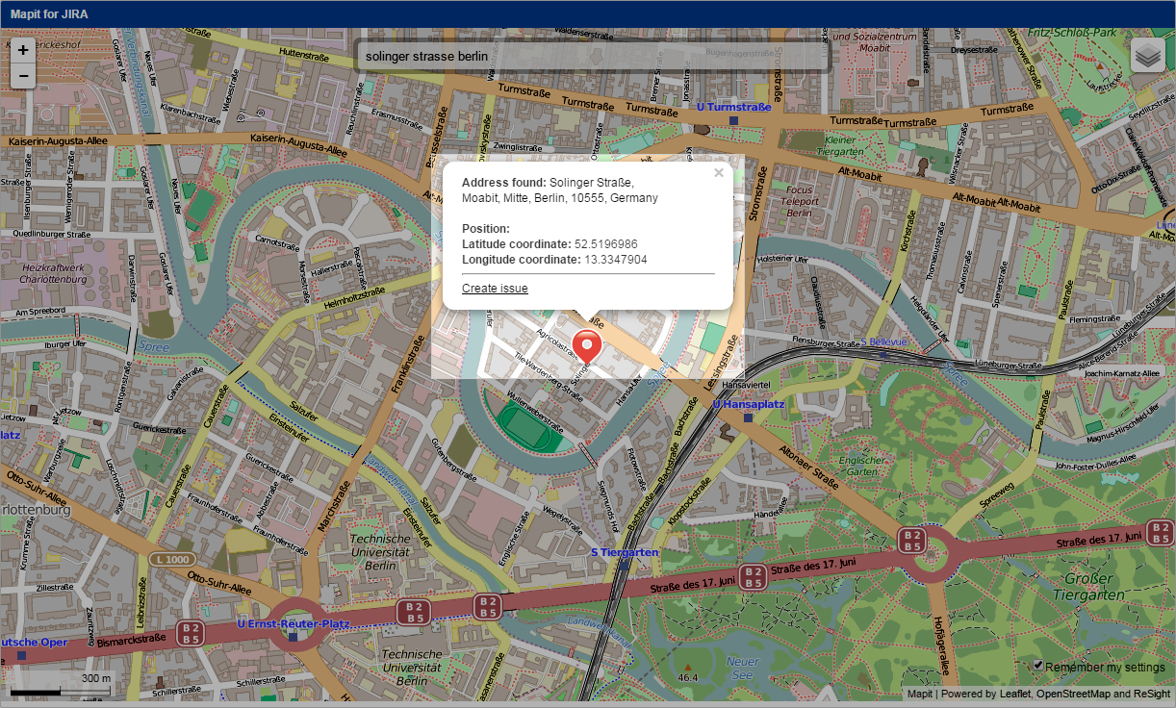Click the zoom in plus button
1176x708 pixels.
(x=23, y=50)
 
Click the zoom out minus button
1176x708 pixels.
(x=23, y=75)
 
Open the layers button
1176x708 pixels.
(x=1147, y=56)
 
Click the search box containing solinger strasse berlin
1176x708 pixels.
(x=592, y=57)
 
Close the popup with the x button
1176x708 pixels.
(x=718, y=173)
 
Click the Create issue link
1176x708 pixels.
(x=495, y=289)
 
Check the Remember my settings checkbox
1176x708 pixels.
(x=1038, y=665)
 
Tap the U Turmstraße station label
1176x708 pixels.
(x=733, y=108)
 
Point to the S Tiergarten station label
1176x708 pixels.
(x=624, y=552)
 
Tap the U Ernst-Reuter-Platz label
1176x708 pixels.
(x=293, y=624)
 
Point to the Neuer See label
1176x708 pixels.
(x=742, y=668)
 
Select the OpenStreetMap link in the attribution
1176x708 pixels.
(x=1075, y=694)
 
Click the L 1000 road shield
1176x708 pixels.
(x=173, y=559)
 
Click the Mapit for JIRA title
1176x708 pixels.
(x=50, y=13)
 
